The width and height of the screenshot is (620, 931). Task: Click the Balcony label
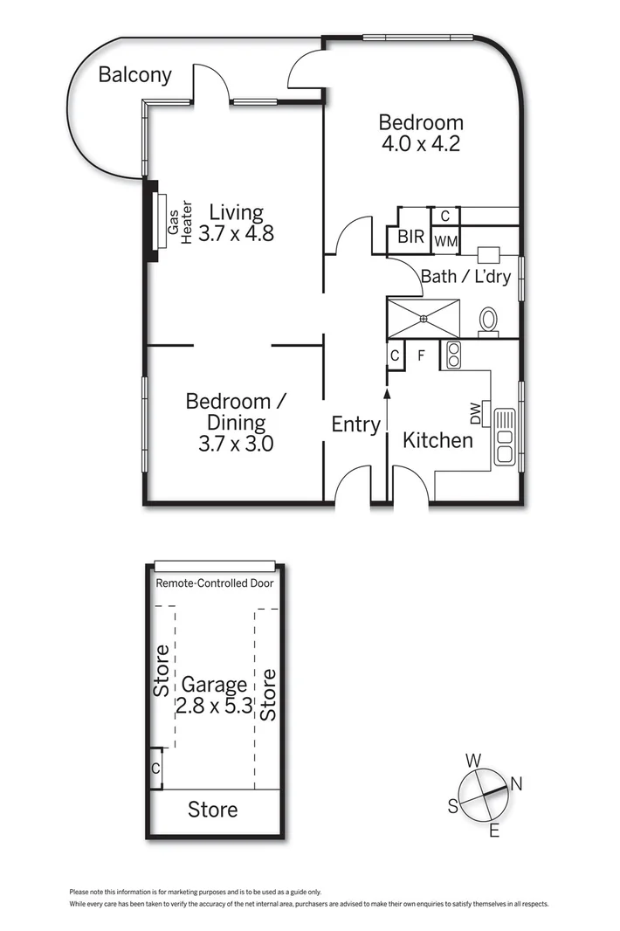[134, 75]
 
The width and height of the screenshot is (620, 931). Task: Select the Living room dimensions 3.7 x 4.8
[236, 234]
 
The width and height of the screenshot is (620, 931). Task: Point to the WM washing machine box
[445, 240]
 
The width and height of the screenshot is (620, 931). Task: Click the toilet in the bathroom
[488, 320]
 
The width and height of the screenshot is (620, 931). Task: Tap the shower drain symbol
[424, 319]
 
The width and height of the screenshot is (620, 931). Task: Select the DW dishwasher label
[476, 413]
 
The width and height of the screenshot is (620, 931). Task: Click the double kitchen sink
[505, 436]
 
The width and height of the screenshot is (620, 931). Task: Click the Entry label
[355, 425]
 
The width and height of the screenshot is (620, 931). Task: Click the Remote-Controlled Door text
[214, 583]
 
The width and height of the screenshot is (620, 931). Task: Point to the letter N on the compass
[516, 784]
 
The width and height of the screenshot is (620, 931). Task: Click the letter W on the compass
[473, 760]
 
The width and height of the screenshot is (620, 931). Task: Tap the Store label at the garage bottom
[213, 810]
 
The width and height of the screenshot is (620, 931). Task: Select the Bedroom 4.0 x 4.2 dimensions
[421, 144]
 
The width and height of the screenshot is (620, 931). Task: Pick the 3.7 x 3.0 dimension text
[236, 444]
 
